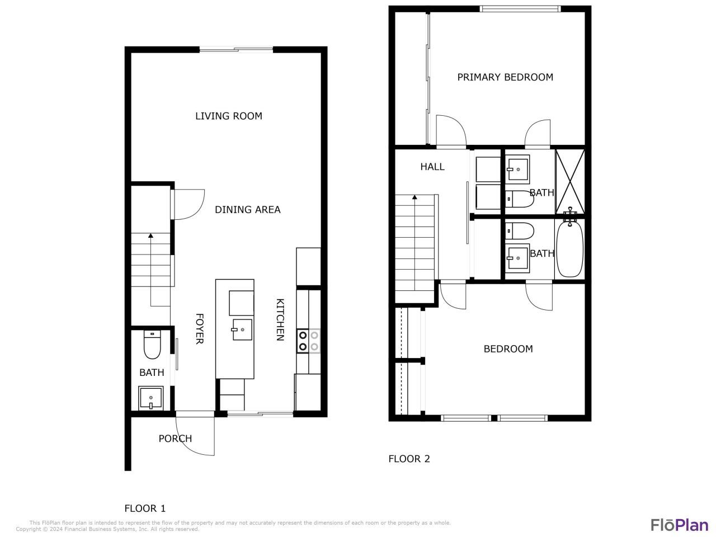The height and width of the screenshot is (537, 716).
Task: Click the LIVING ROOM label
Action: point(228,116)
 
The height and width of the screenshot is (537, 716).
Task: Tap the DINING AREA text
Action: point(248,210)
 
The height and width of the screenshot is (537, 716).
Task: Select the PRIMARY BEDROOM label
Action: point(505,77)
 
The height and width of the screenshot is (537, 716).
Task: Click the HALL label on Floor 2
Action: point(432,167)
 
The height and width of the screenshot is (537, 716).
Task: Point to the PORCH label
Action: point(175,439)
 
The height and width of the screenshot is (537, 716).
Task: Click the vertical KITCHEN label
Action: point(280,319)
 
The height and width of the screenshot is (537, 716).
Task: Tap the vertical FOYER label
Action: point(199,328)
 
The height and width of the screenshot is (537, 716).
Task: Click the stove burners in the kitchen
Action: point(308,341)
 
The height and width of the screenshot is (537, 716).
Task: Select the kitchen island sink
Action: point(242,329)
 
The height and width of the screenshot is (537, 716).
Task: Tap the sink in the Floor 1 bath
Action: point(151,398)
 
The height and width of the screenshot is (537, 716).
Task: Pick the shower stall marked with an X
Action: point(570,181)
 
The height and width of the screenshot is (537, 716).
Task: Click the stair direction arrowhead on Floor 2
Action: point(414,197)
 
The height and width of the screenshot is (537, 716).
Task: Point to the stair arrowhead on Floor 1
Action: point(150,236)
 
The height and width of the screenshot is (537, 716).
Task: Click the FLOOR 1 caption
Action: point(145,508)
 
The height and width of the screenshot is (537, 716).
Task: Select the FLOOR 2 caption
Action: point(409,459)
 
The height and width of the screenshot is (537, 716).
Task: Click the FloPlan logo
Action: point(679,525)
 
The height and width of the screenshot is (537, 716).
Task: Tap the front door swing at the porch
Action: point(201,436)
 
